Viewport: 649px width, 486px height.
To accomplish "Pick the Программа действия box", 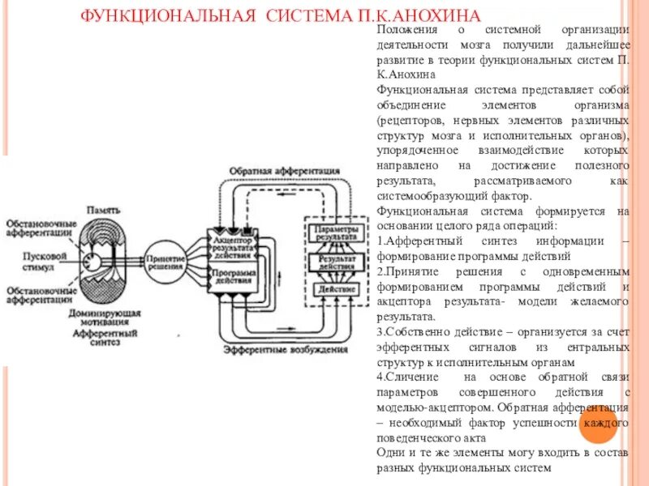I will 233,277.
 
